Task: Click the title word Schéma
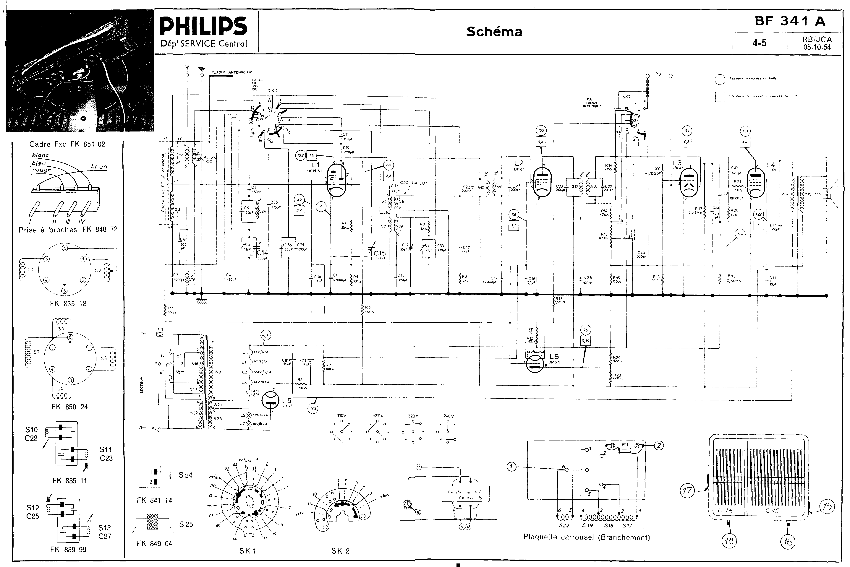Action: (494, 32)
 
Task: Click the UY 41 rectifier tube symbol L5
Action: (271, 399)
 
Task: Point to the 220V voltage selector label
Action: (413, 416)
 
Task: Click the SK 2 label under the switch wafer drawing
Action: (340, 551)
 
